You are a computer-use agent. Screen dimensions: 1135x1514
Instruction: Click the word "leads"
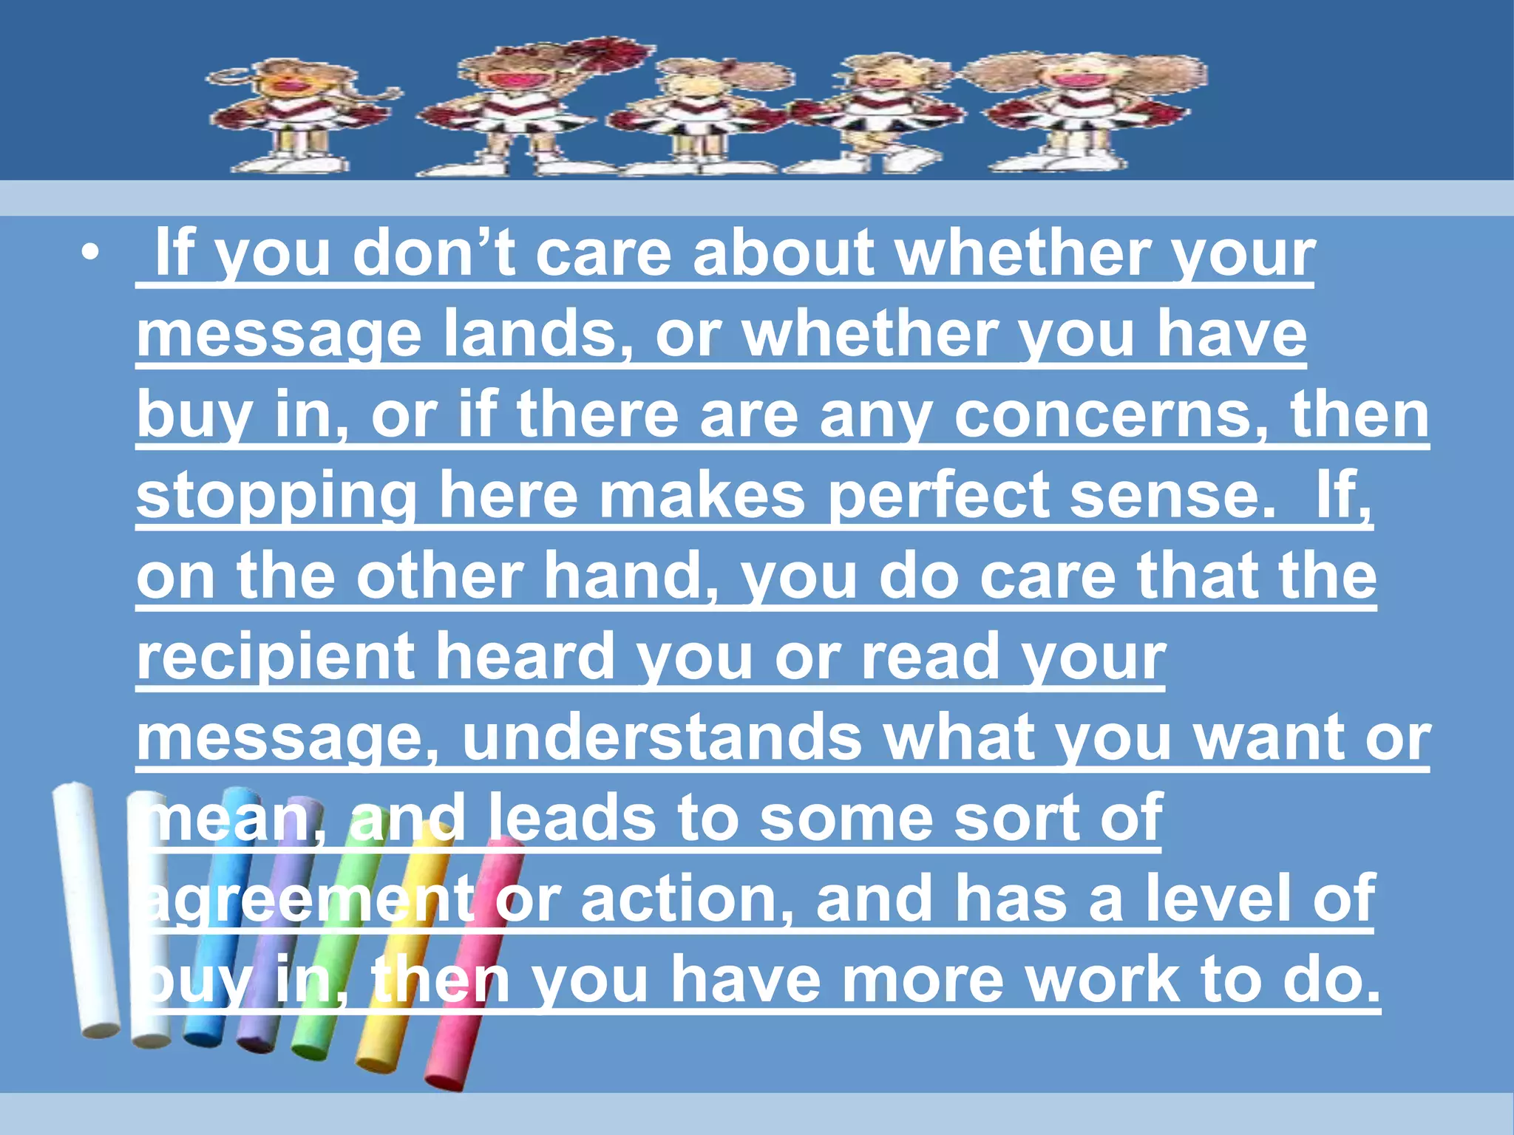[571, 818]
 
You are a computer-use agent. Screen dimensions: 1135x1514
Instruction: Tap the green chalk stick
[333, 946]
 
